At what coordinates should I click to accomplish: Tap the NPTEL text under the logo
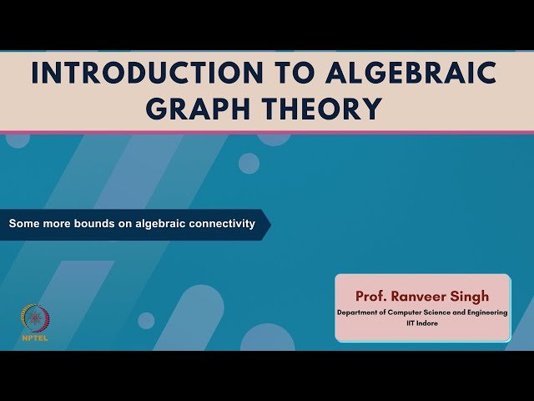tap(34, 338)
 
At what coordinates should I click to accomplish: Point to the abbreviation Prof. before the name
tap(373, 296)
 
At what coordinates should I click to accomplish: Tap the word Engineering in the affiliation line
tap(486, 312)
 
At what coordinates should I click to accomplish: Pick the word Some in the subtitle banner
tap(23, 224)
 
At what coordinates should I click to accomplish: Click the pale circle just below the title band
tap(249, 163)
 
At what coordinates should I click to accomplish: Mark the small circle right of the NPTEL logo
tap(146, 321)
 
